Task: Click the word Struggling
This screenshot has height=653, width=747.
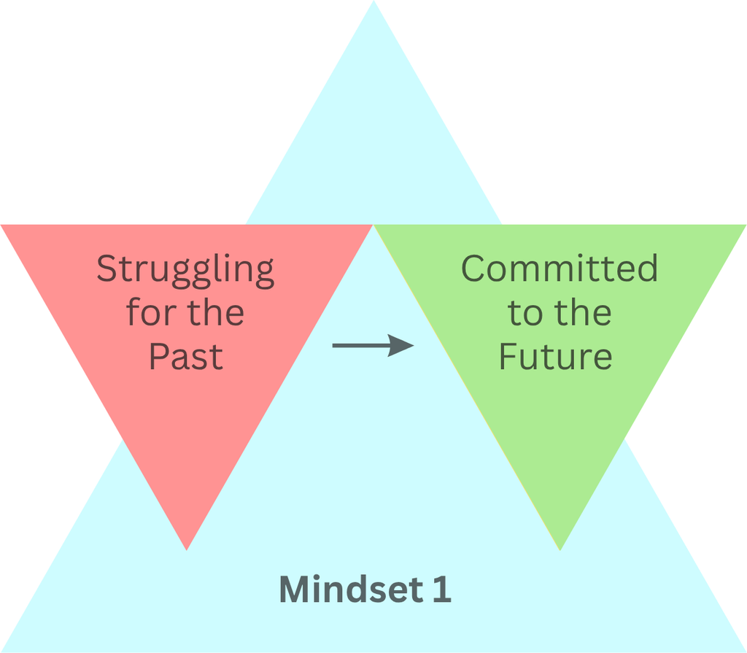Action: (185, 271)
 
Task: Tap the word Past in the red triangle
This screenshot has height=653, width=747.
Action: (186, 356)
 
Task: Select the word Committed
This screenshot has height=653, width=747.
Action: (560, 268)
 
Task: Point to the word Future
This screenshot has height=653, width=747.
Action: (555, 356)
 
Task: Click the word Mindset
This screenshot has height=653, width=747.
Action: (352, 589)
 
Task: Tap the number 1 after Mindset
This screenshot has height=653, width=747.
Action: (442, 589)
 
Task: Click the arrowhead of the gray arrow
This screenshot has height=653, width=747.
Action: (400, 345)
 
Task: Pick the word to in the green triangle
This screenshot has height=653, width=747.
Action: (525, 313)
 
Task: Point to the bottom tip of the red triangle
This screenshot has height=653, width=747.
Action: (187, 550)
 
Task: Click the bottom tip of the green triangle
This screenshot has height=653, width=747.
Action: (560, 550)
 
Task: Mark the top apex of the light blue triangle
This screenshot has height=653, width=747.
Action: (373, 1)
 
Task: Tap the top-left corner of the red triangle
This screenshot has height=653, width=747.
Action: (1, 225)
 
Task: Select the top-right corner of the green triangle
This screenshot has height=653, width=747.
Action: (745, 225)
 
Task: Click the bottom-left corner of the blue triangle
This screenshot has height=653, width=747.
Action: (2, 651)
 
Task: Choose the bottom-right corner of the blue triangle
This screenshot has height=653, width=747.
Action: (745, 651)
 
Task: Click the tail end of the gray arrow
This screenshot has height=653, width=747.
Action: (333, 345)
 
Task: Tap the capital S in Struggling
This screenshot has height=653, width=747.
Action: (107, 268)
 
